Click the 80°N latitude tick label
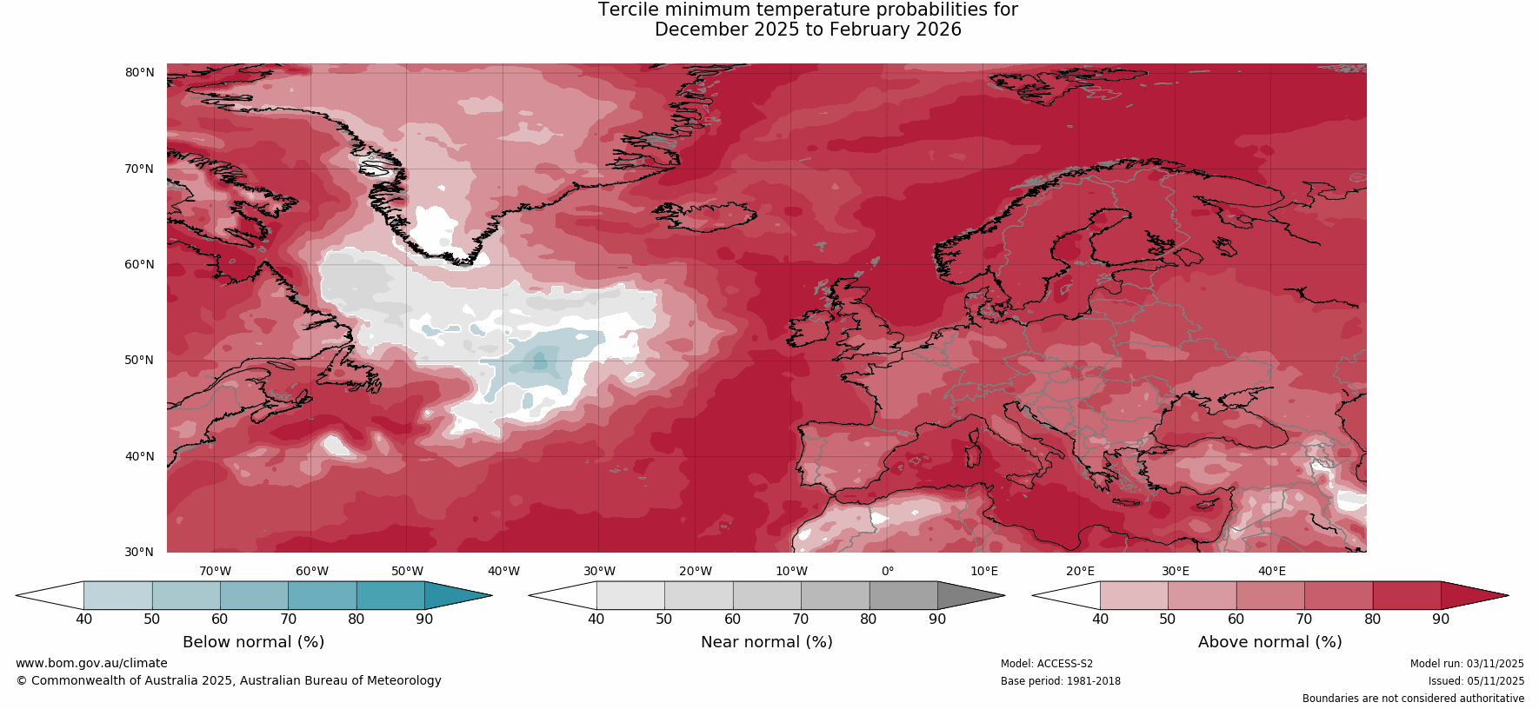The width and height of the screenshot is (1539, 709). tap(139, 72)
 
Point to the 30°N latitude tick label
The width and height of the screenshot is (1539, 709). tap(139, 552)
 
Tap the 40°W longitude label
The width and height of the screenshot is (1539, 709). tap(503, 571)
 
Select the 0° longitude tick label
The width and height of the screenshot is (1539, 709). tap(888, 571)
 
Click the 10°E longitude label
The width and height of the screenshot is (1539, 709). tap(984, 571)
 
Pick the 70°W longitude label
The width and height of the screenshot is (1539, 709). tap(215, 571)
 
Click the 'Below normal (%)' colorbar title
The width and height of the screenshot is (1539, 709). tap(253, 642)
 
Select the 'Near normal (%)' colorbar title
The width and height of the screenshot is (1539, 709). tap(766, 642)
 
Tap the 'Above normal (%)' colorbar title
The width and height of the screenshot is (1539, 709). tap(1269, 642)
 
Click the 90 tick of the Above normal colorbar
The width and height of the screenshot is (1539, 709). tap(1441, 619)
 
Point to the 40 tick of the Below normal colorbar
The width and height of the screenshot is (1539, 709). tap(83, 619)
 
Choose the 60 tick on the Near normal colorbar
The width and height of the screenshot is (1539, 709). tap(732, 619)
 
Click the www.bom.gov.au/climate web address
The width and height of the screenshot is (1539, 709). tap(91, 663)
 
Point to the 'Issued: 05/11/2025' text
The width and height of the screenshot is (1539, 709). tap(1476, 681)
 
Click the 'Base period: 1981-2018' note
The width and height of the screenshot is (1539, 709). tap(1060, 681)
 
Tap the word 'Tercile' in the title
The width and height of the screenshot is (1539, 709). tap(629, 10)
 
